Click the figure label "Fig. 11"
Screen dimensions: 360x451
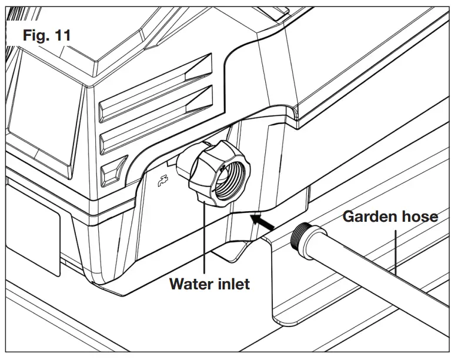[46, 35]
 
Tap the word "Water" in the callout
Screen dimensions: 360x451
[194, 284]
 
